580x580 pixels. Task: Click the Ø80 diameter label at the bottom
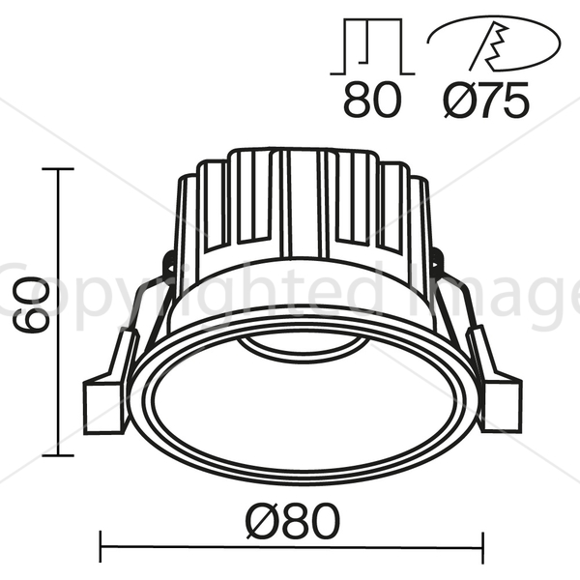click(x=292, y=521)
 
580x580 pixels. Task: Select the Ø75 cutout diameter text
click(x=486, y=100)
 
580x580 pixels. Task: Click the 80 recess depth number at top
click(x=372, y=100)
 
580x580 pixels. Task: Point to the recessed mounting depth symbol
click(x=372, y=46)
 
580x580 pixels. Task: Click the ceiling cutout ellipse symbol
click(x=494, y=43)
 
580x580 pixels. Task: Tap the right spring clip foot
click(x=502, y=406)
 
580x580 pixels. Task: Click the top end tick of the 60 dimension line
click(x=58, y=169)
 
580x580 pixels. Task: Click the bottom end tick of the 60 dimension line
click(x=58, y=455)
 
